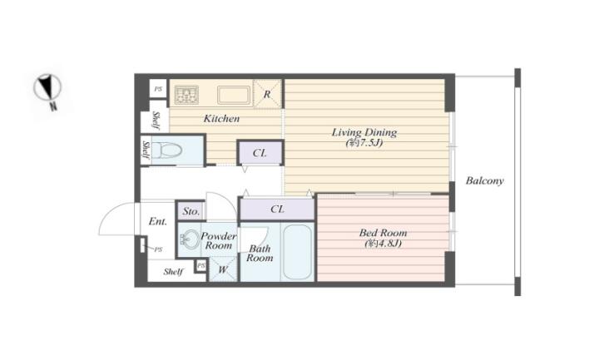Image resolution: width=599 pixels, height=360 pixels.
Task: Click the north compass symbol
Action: click(47, 89)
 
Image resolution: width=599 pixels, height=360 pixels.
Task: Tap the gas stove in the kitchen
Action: click(186, 95)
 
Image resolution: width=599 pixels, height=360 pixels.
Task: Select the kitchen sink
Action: click(234, 95)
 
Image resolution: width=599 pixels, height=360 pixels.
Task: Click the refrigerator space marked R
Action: click(267, 94)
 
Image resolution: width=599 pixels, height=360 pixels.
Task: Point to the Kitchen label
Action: click(221, 118)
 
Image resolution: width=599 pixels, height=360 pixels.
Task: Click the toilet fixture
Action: click(166, 150)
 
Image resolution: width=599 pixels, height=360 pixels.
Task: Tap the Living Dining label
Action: click(364, 132)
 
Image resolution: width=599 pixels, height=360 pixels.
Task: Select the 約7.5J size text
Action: click(364, 143)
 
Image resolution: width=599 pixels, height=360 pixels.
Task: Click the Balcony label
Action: click(484, 180)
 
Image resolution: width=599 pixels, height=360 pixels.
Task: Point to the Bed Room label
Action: click(383, 233)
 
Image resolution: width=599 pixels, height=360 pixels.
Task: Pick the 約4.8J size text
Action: click(384, 243)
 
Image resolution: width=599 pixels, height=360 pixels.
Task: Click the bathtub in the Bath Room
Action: click(297, 252)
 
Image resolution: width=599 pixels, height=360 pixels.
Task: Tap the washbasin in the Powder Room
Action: click(190, 239)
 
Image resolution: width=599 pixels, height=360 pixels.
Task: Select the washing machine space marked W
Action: click(223, 269)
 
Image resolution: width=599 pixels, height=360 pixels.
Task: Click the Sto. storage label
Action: click(191, 211)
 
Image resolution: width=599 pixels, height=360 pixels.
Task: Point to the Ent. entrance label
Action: click(157, 221)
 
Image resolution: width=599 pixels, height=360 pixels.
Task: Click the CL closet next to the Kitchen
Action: click(260, 153)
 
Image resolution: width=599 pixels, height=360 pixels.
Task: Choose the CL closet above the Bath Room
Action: click(277, 209)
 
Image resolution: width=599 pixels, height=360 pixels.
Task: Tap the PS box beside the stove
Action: click(158, 89)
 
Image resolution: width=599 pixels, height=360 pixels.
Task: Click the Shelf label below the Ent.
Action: click(173, 271)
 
